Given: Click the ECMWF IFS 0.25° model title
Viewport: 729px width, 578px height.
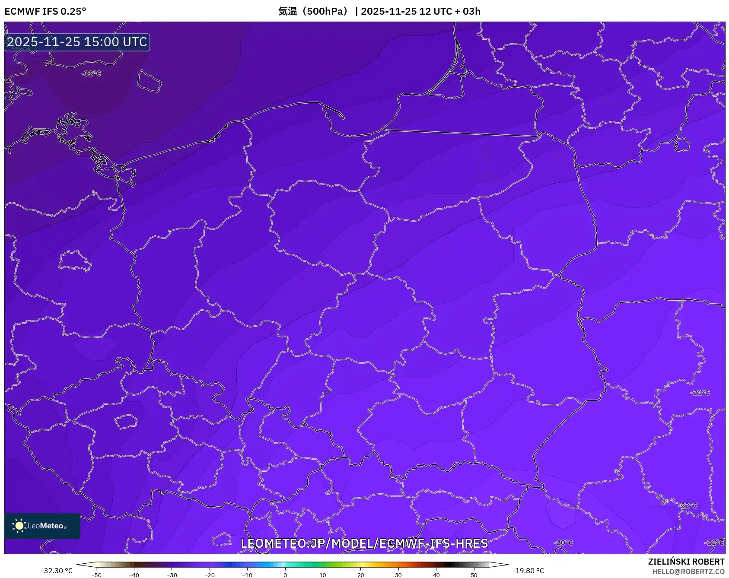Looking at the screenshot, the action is [45, 11].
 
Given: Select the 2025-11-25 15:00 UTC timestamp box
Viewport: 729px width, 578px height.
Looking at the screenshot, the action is [77, 42].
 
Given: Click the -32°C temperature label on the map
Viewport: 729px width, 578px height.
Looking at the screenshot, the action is [91, 74].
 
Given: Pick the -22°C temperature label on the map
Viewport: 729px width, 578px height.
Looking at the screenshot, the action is [688, 506].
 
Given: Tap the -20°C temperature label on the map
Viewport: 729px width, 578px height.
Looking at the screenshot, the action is [563, 543].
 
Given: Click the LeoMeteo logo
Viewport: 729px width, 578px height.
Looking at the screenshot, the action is [42, 526].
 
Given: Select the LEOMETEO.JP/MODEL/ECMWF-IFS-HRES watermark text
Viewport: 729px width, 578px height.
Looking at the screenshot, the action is [364, 543].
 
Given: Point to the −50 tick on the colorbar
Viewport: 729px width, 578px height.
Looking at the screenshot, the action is [96, 575].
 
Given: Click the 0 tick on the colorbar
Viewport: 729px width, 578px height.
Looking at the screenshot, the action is [285, 575].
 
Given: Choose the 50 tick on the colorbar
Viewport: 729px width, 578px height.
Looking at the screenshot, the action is [474, 575].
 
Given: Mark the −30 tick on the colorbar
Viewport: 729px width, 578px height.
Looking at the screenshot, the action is [172, 575].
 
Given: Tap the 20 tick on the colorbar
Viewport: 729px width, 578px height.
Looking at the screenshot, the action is [361, 575].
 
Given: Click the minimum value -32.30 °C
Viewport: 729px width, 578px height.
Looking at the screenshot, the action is [57, 571].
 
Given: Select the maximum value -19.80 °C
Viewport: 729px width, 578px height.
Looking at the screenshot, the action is [528, 571].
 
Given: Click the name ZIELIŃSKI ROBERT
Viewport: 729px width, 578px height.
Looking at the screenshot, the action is [686, 562].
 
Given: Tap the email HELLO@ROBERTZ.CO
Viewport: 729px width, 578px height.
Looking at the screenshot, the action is [688, 572].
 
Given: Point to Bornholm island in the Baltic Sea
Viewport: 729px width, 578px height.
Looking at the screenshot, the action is [149, 81].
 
